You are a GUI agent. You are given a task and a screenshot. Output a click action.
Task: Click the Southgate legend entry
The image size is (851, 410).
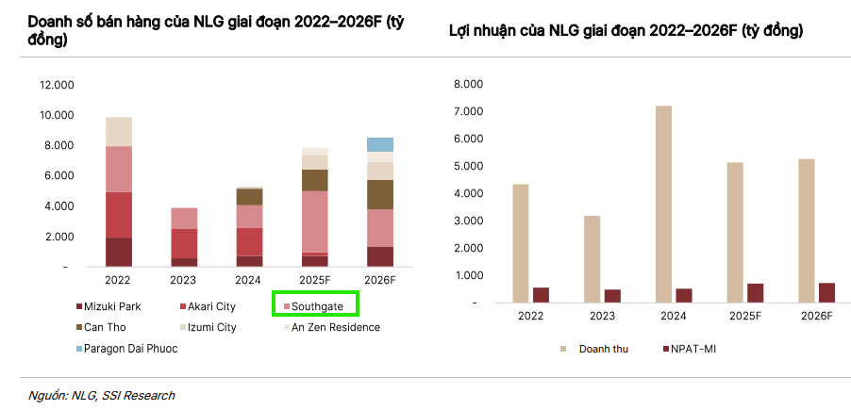(316, 306)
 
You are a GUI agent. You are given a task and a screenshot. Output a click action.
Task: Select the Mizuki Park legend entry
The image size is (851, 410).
(108, 306)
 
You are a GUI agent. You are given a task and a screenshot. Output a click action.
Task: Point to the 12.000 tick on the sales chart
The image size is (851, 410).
(56, 85)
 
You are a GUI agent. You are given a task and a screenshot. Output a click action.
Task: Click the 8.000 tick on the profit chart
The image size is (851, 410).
(468, 84)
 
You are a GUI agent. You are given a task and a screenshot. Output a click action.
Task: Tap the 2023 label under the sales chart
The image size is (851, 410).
(183, 280)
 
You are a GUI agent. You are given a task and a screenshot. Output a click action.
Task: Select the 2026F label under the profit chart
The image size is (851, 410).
(815, 316)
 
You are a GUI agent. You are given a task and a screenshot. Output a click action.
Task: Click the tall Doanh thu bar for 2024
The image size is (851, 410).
(663, 204)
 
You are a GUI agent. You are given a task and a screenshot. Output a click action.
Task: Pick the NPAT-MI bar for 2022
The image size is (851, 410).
(541, 295)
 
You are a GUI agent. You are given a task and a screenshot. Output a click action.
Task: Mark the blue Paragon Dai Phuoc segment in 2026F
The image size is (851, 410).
(380, 144)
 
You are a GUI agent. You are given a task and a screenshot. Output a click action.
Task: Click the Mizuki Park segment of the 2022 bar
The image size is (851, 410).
(119, 253)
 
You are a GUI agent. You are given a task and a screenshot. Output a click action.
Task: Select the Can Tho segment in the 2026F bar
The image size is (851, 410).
(380, 194)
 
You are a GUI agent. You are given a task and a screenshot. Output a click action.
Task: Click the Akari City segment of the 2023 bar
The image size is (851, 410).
(184, 243)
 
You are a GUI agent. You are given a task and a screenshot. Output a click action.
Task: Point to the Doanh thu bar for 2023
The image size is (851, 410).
(592, 259)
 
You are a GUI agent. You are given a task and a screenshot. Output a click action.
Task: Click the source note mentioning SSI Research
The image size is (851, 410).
(103, 395)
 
